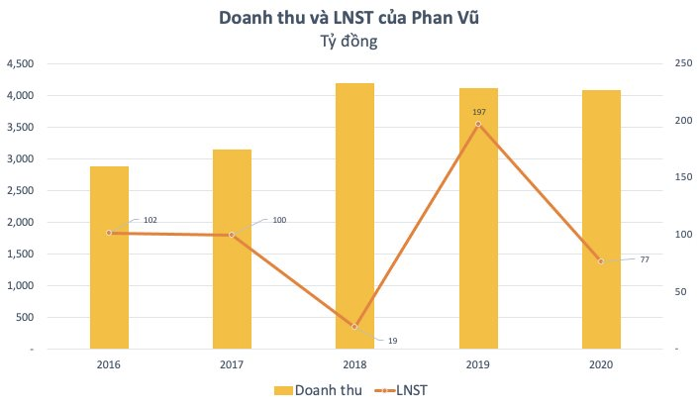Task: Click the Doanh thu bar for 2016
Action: pyautogui.click(x=109, y=287)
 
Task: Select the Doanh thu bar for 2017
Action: pyautogui.click(x=232, y=277)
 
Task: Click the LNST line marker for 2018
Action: pyautogui.click(x=354, y=327)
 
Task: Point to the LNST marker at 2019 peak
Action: pyautogui.click(x=478, y=125)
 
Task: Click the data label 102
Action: pyautogui.click(x=150, y=220)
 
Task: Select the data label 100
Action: pyautogui.click(x=279, y=219)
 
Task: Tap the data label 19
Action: pyautogui.click(x=392, y=341)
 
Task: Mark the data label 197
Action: pyautogui.click(x=479, y=112)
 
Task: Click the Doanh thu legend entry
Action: pyautogui.click(x=320, y=392)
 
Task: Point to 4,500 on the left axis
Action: pyautogui.click(x=21, y=63)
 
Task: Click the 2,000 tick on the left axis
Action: pyautogui.click(x=21, y=222)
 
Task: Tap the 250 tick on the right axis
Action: pyautogui.click(x=680, y=63)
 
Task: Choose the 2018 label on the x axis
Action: pyautogui.click(x=354, y=364)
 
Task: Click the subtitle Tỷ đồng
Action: pyautogui.click(x=350, y=42)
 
